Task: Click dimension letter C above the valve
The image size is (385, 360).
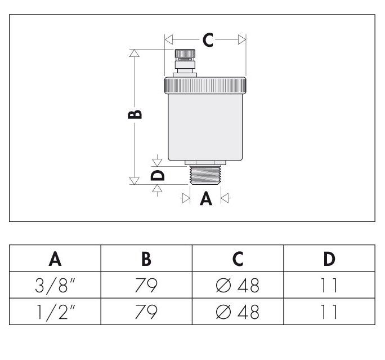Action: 208,40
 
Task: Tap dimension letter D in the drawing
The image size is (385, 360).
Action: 159,175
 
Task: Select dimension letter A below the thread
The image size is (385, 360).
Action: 206,198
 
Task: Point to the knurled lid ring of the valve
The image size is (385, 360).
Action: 205,85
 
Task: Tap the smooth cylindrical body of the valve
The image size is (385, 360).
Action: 205,127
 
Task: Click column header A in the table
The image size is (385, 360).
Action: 55,259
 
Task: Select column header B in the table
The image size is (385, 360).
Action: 146,259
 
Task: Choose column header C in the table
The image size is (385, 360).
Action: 238,259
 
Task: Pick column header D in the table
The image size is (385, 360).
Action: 329,259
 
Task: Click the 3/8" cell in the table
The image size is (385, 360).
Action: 55,286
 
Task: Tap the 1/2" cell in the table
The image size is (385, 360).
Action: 55,312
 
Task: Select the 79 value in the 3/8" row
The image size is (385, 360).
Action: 146,286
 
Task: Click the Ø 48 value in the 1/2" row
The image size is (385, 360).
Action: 238,312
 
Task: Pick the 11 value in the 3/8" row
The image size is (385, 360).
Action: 329,286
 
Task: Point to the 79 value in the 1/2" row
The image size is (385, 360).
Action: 146,312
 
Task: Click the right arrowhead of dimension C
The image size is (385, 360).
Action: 242,39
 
